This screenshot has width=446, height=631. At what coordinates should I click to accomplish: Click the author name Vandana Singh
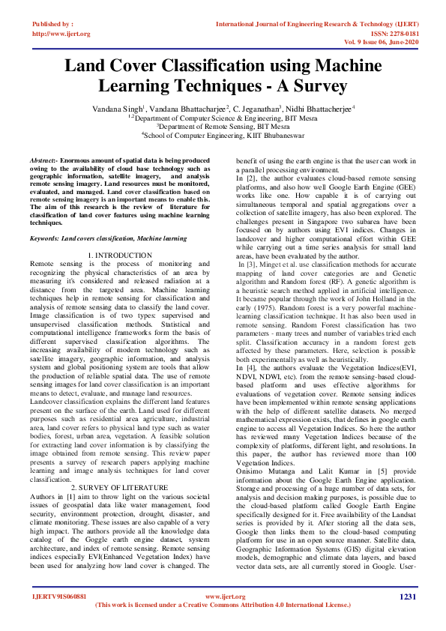coord(117,109)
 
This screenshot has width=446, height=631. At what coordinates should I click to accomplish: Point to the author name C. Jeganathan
coord(253,109)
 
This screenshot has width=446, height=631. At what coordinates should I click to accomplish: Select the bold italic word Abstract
coord(43,161)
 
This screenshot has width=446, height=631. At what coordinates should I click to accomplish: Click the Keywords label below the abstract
coord(44,238)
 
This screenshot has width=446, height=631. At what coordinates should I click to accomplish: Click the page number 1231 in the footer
coord(407,597)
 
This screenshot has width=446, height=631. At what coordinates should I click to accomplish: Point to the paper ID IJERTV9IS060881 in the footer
coord(58,597)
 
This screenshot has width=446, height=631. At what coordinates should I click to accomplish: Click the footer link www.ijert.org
coord(223,597)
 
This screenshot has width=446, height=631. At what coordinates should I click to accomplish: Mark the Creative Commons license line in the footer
coord(223,605)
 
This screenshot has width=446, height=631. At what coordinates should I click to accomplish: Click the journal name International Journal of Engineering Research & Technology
coord(309,25)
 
